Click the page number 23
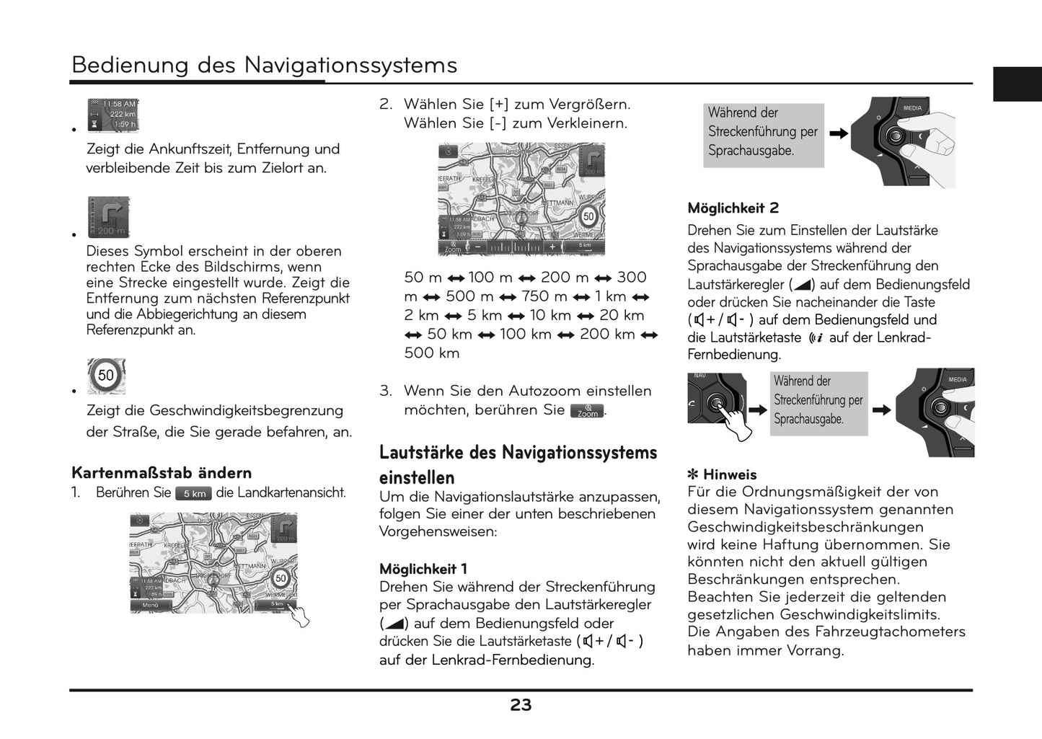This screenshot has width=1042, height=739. [x=521, y=705]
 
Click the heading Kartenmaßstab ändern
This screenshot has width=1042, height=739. [x=162, y=473]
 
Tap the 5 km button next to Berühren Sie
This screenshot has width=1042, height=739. [x=193, y=494]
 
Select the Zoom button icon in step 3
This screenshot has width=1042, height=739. [x=587, y=411]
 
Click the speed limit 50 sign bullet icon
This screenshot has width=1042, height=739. [x=106, y=376]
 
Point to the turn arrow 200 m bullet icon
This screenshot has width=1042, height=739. [x=108, y=216]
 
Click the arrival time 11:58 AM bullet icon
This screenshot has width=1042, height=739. [x=112, y=115]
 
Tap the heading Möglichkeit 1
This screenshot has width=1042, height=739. [x=423, y=569]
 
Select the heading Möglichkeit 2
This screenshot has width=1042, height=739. [x=733, y=208]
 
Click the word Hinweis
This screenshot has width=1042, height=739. [x=730, y=474]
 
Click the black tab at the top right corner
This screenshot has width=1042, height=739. [x=1017, y=84]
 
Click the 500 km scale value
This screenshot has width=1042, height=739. [x=431, y=353]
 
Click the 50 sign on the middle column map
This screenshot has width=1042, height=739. [x=588, y=216]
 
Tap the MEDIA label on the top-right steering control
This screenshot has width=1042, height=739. [x=912, y=108]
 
